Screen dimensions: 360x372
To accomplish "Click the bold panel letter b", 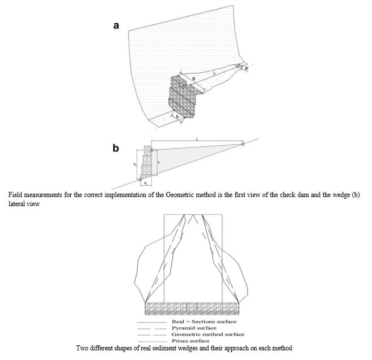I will pyautogui.click(x=116, y=149).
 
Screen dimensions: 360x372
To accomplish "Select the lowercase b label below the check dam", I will pyautogui.click(x=179, y=116).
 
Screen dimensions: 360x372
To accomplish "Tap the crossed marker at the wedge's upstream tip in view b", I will pyautogui.click(x=243, y=144).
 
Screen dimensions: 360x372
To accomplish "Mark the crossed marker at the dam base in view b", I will pyautogui.click(x=141, y=180).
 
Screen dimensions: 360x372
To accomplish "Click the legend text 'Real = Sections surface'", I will pyautogui.click(x=198, y=322).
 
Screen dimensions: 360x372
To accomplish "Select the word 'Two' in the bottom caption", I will pyautogui.click(x=82, y=348).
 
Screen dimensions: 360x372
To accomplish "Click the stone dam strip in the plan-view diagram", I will pyautogui.click(x=193, y=309).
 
